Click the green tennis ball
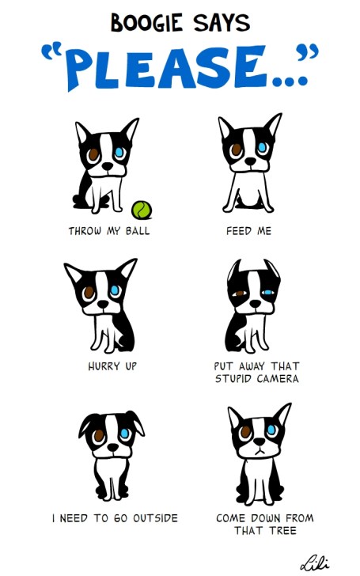[x=142, y=210]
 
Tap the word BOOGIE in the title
[x=146, y=23]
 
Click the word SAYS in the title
[x=222, y=23]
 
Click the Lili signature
[x=314, y=562]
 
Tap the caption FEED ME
[x=248, y=231]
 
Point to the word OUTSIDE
[x=155, y=518]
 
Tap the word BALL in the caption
[x=138, y=231]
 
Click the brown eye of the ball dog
[x=93, y=154]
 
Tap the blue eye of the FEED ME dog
[x=263, y=147]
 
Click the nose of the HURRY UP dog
[x=103, y=304]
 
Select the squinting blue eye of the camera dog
[x=268, y=293]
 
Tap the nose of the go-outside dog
[x=113, y=448]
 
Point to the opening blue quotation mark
[x=51, y=52]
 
